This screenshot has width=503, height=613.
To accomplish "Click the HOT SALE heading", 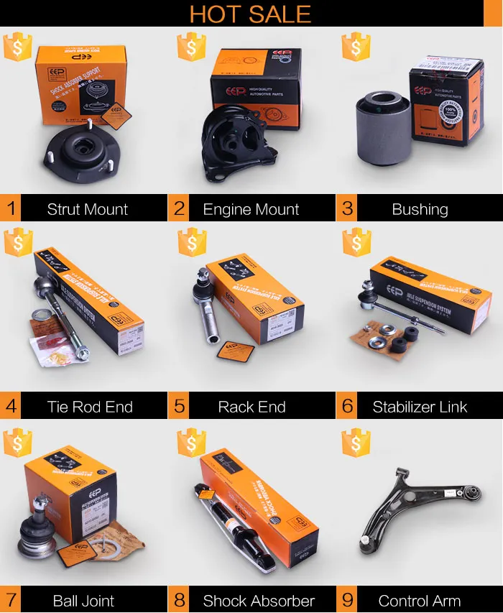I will point(250,14).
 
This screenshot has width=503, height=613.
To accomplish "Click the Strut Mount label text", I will point(87,210).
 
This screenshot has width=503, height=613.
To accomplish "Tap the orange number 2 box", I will point(179,209).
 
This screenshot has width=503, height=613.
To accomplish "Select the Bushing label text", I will point(420,210).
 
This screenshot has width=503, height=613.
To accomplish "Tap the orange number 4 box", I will point(11,406).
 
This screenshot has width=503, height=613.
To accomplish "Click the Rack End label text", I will point(251,407).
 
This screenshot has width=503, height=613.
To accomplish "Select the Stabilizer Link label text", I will point(420,407).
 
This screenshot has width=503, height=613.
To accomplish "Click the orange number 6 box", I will point(347,406).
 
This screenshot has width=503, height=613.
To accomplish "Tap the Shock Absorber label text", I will point(259,601).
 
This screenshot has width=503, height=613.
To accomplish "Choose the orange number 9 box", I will point(347,600).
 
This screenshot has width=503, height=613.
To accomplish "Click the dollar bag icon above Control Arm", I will point(356,443).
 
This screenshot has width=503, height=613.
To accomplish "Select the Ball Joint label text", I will point(83,601).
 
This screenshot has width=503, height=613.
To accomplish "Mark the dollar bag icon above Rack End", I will point(191,243).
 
